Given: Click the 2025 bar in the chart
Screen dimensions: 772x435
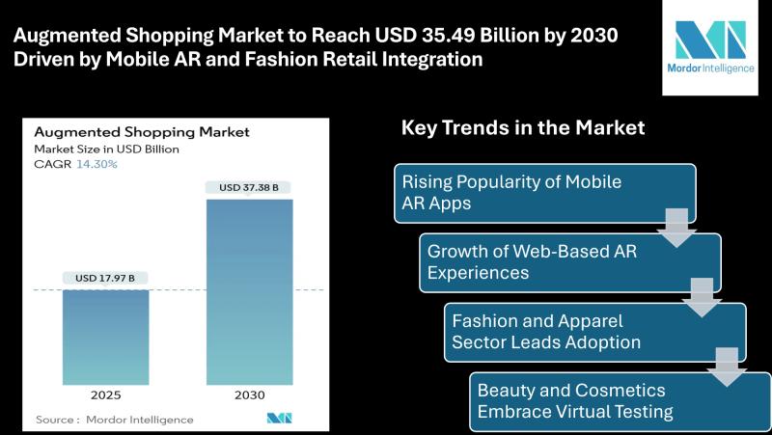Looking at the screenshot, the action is (x=105, y=337).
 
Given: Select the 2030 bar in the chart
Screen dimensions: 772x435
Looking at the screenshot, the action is (x=250, y=292).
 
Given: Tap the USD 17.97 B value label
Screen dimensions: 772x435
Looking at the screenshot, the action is (x=105, y=278).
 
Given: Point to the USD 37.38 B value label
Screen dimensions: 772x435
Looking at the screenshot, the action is (x=249, y=187).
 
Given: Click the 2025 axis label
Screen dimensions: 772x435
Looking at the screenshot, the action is (x=105, y=395).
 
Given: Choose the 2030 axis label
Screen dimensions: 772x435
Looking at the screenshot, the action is (x=250, y=395).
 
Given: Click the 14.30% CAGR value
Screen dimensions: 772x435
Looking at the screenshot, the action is (x=97, y=164).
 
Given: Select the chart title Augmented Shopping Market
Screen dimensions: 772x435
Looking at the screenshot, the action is (x=142, y=132).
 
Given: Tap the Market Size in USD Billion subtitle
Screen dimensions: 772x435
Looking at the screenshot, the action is (x=106, y=150).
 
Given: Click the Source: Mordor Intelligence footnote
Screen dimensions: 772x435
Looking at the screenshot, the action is (x=114, y=420).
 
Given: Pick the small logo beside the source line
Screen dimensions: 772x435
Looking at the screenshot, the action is (x=279, y=419).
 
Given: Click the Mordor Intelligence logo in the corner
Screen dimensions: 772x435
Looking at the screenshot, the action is (x=710, y=46).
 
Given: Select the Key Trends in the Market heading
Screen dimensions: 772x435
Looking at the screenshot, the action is (x=523, y=128).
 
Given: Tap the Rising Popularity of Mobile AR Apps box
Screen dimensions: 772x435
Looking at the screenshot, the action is (x=545, y=194).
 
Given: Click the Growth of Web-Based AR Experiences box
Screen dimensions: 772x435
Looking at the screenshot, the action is (x=570, y=262).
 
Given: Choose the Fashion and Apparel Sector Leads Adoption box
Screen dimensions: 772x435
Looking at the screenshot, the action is (x=595, y=333).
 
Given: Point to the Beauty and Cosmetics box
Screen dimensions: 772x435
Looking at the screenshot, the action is (x=620, y=402).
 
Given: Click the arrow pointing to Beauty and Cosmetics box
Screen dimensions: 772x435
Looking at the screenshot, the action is (x=727, y=367).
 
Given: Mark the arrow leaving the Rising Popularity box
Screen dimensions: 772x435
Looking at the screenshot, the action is (x=676, y=228).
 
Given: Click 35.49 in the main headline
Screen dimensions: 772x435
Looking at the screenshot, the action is (x=452, y=36).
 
